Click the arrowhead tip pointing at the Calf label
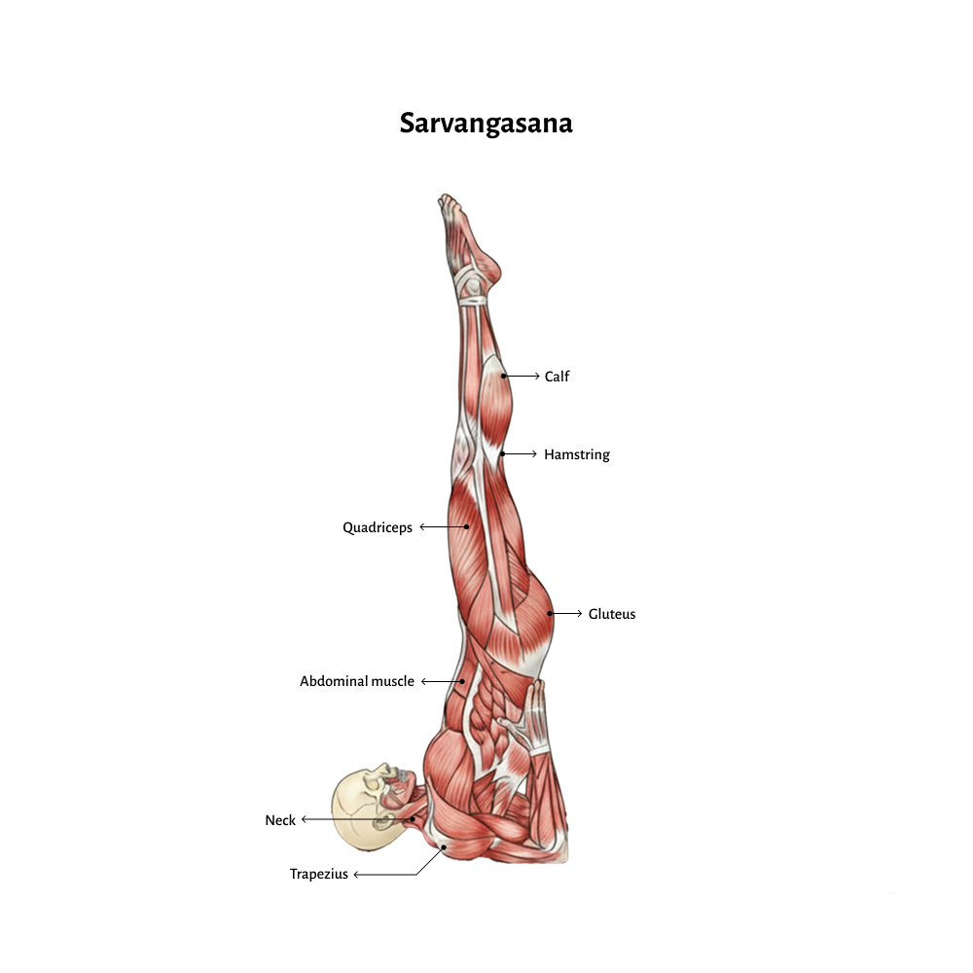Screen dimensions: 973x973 pyautogui.click(x=539, y=376)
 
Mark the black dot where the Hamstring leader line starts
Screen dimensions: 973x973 pyautogui.click(x=503, y=454)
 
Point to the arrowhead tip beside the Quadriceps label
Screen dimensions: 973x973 pyautogui.click(x=420, y=526)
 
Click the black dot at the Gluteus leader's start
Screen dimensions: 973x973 pyautogui.click(x=549, y=614)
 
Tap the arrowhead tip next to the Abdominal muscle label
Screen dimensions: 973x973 pyautogui.click(x=422, y=681)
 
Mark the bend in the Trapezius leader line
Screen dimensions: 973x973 pyautogui.click(x=416, y=875)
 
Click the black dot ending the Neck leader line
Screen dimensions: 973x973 pyautogui.click(x=412, y=819)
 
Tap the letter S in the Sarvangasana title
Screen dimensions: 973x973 pyautogui.click(x=408, y=123)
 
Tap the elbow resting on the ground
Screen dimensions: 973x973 pyautogui.click(x=553, y=850)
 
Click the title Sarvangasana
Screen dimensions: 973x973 pyautogui.click(x=486, y=123)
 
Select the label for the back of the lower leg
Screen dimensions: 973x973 pyautogui.click(x=557, y=376)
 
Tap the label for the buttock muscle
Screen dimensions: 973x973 pyautogui.click(x=612, y=614)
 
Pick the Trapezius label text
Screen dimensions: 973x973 pyautogui.click(x=319, y=874)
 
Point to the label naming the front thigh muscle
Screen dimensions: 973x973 pyautogui.click(x=378, y=527)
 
